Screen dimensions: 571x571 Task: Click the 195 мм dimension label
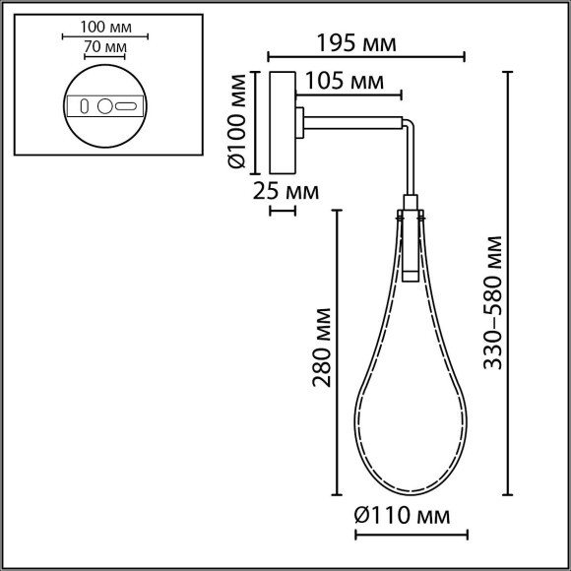click(x=357, y=44)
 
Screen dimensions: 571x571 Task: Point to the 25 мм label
click(x=285, y=190)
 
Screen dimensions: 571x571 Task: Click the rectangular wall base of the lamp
click(x=280, y=120)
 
